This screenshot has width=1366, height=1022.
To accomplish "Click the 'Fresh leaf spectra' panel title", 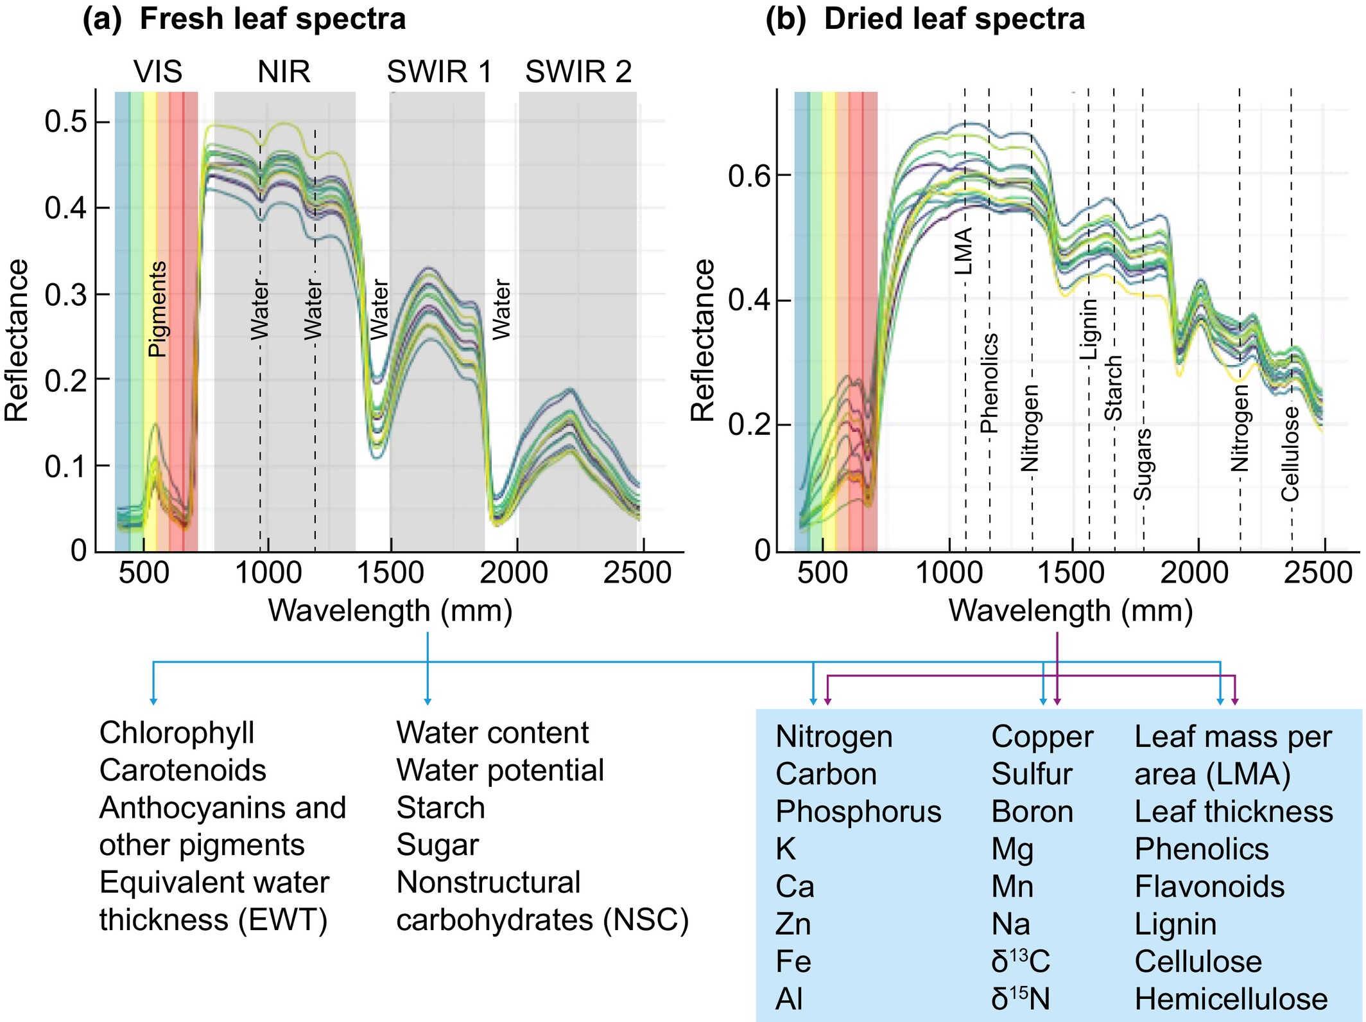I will click(x=272, y=19).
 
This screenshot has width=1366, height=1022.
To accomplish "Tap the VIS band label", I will click(x=158, y=71).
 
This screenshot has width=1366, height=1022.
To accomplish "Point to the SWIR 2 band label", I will click(x=578, y=71).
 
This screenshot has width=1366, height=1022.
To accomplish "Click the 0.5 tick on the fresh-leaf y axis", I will click(x=65, y=121).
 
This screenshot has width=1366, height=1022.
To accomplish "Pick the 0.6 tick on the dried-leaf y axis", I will click(x=749, y=175).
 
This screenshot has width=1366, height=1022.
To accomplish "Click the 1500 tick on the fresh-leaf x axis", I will click(x=390, y=572).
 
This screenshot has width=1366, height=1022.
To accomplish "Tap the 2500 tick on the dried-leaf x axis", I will click(x=1318, y=572).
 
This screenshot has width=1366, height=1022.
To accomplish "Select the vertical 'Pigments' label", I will click(x=157, y=309).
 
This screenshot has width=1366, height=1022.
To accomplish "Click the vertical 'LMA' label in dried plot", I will click(x=964, y=251).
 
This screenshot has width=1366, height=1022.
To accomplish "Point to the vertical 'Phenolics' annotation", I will click(x=989, y=383).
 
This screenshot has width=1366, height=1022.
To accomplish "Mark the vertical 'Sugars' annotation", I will click(x=1143, y=464).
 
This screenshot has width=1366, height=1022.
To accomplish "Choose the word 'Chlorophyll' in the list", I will click(x=177, y=733).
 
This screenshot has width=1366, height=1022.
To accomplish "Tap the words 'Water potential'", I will click(x=500, y=770).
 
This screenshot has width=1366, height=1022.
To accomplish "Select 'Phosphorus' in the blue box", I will click(x=858, y=811).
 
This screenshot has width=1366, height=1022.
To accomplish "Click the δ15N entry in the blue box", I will click(x=1020, y=999).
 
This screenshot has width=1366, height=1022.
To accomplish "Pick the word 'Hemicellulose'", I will click(x=1231, y=999).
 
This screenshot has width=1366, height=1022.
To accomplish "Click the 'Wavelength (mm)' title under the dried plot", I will click(x=1071, y=611).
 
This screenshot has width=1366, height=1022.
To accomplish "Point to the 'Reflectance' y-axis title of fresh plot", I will click(x=17, y=340).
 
